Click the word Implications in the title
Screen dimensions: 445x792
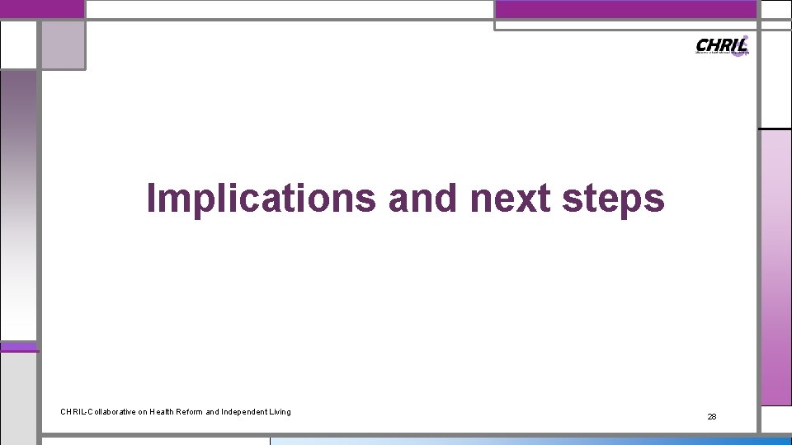tap(260, 199)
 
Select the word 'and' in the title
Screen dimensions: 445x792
tap(422, 199)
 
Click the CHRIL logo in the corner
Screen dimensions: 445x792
tap(722, 45)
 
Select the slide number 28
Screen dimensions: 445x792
tap(712, 417)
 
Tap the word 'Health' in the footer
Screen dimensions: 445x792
tap(163, 411)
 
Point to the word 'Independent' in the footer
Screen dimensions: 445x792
tap(245, 411)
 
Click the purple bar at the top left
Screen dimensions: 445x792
tap(42, 8)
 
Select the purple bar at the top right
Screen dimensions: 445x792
tap(625, 9)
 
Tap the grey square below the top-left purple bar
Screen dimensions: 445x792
tap(63, 45)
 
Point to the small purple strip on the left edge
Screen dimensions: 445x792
tap(19, 347)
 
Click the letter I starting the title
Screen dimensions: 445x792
tap(151, 199)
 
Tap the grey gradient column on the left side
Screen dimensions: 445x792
tap(18, 206)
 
